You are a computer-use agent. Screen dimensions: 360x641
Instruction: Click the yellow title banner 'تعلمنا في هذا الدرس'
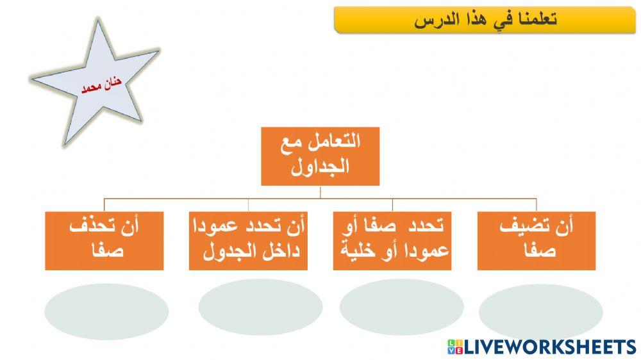(485, 20)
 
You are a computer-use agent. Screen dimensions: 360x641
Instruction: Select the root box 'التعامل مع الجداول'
(320, 156)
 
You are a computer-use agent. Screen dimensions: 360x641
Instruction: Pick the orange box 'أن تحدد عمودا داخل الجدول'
(249, 240)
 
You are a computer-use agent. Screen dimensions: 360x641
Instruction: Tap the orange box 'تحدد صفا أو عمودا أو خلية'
(392, 240)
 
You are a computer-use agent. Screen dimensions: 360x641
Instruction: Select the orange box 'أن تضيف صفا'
(537, 240)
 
